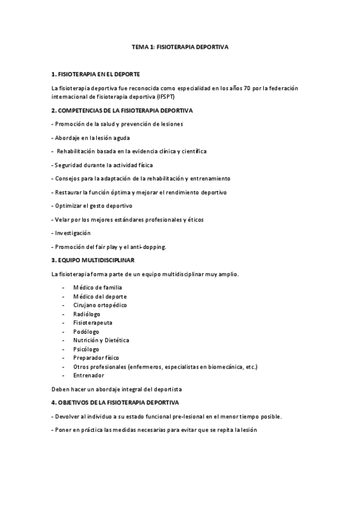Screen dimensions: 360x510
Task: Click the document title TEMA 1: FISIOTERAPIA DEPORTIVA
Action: (180, 46)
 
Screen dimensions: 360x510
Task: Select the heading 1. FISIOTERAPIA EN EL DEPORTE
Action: (96, 74)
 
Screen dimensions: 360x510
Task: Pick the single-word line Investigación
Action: (73, 233)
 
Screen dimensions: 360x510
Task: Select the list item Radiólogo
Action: (87, 314)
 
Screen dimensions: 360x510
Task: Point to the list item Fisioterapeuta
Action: (93, 322)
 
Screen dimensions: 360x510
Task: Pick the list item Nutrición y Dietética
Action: (101, 340)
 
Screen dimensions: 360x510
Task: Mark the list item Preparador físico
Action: (96, 358)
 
